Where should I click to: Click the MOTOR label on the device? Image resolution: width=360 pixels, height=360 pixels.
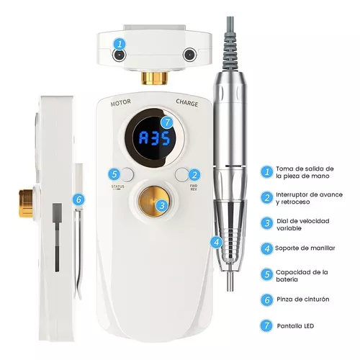121,102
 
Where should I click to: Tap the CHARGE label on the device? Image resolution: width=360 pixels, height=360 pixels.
187,103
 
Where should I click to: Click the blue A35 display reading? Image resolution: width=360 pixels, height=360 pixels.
155,138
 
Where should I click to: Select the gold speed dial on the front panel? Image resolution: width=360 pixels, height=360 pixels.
154,202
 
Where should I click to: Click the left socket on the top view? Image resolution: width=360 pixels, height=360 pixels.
120,55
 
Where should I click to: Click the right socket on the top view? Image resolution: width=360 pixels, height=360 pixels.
189,55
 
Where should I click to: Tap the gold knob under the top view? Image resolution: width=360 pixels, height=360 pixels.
154,78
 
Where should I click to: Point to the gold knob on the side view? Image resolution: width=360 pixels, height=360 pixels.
26,203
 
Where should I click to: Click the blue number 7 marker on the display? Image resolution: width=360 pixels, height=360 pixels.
167,122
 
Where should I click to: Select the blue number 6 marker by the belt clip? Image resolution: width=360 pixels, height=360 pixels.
79,199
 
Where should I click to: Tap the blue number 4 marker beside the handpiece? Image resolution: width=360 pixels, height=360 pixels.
217,243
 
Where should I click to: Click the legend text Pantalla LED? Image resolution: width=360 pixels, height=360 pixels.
295,326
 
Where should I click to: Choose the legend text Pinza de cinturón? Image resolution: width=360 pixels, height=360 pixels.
303,300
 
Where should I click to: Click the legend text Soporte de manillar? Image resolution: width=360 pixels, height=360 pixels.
305,248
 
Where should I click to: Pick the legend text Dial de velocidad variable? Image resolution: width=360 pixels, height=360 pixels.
303,225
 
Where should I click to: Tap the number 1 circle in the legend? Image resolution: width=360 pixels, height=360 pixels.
266,172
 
